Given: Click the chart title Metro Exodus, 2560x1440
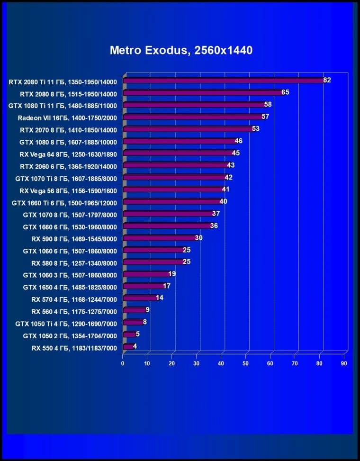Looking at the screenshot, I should pos(181,50).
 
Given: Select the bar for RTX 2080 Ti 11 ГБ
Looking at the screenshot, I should pos(223,81).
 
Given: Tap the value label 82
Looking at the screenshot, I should pos(327,80).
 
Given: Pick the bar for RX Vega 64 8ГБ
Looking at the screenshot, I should pos(178,154).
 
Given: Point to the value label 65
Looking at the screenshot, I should pos(285,92).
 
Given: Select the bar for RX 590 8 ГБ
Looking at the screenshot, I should pos(159,238).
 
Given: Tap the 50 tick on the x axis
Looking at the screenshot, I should pos(245,363).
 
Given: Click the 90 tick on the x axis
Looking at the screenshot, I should pos(344,363).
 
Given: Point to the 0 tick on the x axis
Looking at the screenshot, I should pos(123,363).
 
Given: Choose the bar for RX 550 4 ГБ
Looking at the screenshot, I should pos(128,347).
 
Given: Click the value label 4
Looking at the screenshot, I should pos(135,346).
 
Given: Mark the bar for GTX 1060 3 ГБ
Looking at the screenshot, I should pos(146,275).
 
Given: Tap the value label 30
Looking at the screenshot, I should pos(198,238).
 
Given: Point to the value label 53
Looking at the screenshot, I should pos(255,129).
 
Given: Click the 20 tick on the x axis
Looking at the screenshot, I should pos(172,363).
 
